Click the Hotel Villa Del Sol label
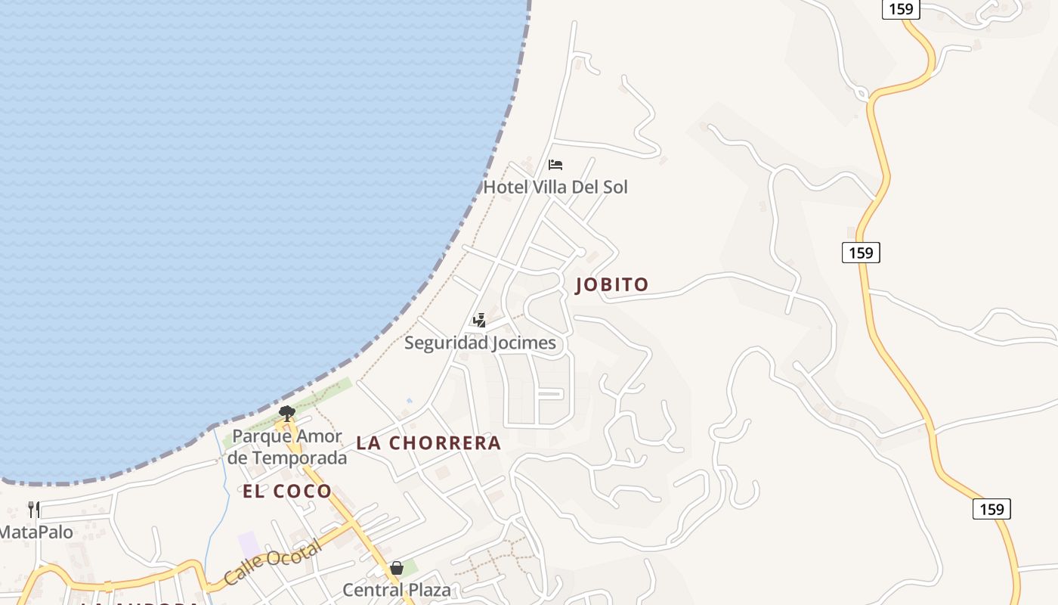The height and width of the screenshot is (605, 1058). coord(555,187)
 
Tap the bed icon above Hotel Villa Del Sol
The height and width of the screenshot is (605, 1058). coord(555,165)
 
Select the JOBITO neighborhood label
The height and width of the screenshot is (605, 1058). coord(612,285)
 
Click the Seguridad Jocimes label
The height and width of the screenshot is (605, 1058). coord(480,343)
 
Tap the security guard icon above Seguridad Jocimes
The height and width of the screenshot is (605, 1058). coord(479,321)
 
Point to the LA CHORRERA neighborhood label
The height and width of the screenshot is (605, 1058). coord(428,443)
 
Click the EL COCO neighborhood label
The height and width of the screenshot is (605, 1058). coord(287,492)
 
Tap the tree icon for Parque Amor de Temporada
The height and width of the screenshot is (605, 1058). coord(286,413)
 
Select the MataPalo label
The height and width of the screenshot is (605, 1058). coord(36,532)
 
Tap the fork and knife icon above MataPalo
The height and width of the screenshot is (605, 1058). coord(33,509)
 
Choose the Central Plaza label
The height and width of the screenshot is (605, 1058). coord(397,590)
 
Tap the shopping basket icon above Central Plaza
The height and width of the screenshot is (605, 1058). coord(397,568)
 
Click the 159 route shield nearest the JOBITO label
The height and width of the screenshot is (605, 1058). coord(861,253)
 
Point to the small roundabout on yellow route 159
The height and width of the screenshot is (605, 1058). coord(862,95)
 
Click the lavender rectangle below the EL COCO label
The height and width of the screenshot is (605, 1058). coord(249,544)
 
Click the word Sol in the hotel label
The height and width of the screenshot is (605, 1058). coord(614,187)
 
